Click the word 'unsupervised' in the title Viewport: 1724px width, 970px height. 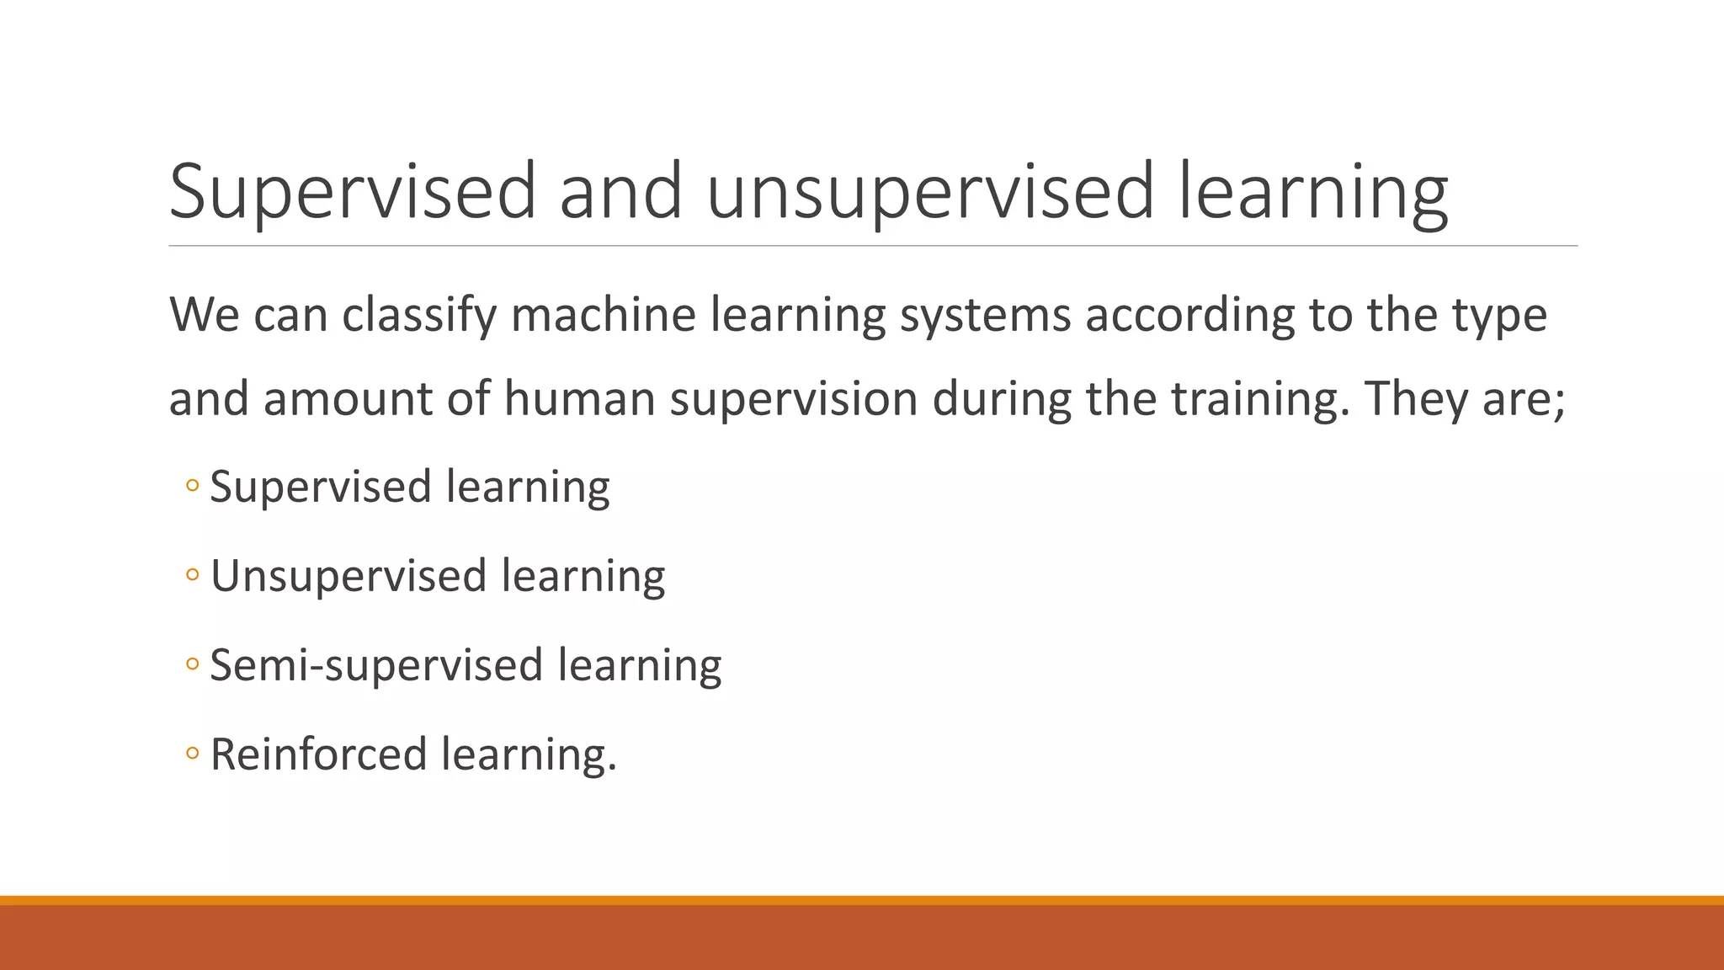coord(930,191)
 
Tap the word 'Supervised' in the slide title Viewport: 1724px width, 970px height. coord(353,191)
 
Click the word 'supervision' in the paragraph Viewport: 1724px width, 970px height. coord(793,398)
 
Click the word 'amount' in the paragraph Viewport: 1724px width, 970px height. coord(348,398)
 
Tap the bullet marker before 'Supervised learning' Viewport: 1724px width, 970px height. coord(192,486)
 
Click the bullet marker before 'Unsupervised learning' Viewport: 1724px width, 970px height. coord(192,575)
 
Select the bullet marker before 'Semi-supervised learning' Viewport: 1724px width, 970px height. coord(192,664)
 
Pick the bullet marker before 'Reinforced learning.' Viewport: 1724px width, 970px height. coord(192,754)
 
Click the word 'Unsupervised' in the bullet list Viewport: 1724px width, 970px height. coord(349,577)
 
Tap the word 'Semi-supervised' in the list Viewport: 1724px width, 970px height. coord(376,665)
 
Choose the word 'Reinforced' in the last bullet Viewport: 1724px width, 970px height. coord(318,754)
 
